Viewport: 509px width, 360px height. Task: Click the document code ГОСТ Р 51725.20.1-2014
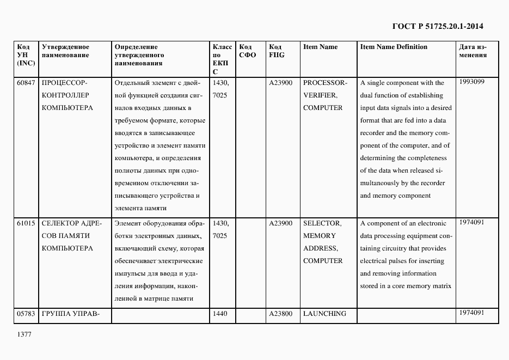tap(438, 26)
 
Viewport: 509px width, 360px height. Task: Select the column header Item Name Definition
tap(394, 47)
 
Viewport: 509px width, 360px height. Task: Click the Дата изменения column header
tap(473, 51)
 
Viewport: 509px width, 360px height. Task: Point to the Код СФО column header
tap(247, 51)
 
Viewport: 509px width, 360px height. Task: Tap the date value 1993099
tap(471, 82)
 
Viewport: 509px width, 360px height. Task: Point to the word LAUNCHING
tap(324, 314)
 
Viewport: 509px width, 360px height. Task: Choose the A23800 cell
tap(280, 314)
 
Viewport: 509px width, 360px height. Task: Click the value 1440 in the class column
tap(220, 314)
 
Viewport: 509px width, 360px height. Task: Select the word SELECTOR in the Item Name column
tap(322, 223)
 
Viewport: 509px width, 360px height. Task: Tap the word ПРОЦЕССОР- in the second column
tap(64, 83)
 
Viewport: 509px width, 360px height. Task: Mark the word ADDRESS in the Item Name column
tap(320, 248)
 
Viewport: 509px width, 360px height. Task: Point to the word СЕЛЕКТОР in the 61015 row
tap(60, 223)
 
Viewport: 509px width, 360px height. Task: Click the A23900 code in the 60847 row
tap(280, 83)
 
